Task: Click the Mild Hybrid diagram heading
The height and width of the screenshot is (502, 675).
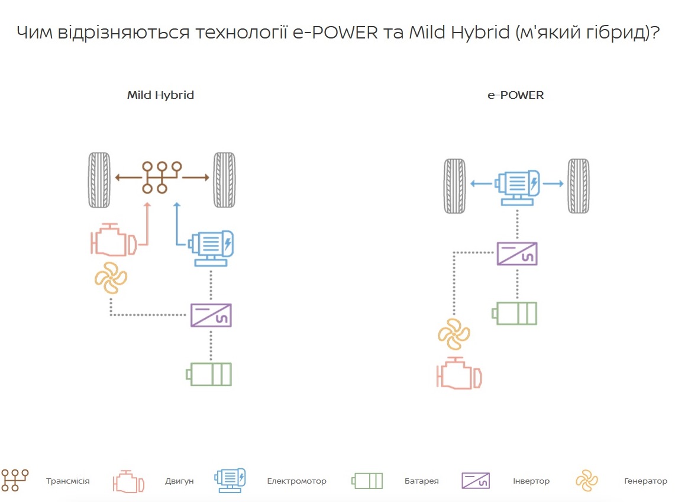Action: (160, 95)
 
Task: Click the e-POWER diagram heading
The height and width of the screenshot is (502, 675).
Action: (515, 95)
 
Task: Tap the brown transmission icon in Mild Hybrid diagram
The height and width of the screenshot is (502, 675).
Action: (160, 177)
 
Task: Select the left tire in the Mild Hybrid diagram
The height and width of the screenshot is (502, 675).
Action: (99, 180)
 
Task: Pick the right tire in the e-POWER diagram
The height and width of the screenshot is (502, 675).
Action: (578, 186)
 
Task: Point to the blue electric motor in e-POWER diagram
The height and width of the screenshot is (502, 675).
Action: (517, 186)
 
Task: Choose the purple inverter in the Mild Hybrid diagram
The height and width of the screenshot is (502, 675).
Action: (211, 314)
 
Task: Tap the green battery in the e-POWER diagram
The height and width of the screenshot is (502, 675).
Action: (516, 313)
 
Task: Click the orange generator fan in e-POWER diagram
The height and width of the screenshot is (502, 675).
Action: (454, 334)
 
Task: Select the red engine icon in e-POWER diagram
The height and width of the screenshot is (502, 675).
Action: (458, 374)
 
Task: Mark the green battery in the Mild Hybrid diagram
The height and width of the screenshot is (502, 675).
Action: (209, 374)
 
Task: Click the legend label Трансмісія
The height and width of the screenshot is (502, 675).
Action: (68, 481)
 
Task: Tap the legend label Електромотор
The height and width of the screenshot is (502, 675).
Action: (296, 481)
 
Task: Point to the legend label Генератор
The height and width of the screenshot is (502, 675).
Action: (645, 481)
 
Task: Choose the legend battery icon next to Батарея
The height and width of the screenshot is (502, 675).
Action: (367, 481)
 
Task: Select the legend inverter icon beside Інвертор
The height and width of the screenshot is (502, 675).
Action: (476, 481)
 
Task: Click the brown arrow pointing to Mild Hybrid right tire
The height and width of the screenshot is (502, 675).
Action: (196, 177)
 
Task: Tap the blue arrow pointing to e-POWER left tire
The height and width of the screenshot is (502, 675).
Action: (481, 184)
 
